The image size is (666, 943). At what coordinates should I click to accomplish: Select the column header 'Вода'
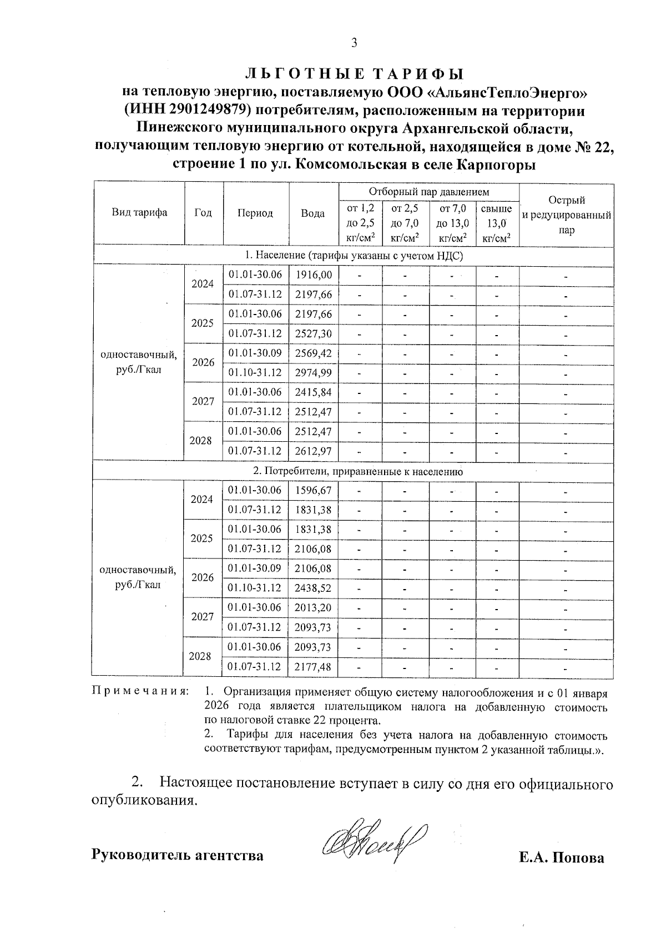(313, 213)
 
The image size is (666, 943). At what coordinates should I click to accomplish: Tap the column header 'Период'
(255, 213)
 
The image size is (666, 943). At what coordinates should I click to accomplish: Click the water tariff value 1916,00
(314, 275)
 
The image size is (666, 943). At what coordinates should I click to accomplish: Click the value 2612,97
(314, 451)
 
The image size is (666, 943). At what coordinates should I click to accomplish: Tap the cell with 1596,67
(313, 490)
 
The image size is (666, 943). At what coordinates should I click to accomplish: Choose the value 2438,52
(313, 588)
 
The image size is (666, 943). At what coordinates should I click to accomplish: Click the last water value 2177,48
(313, 666)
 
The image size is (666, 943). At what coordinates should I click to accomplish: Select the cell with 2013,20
(313, 607)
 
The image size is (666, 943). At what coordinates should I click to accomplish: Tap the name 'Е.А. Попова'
(561, 857)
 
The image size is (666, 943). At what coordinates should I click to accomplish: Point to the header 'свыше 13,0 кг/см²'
(496, 223)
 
